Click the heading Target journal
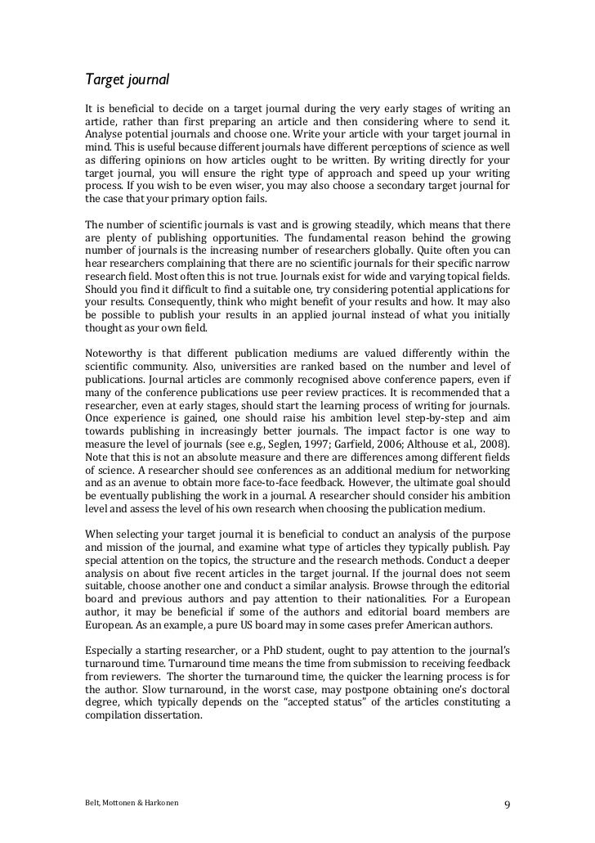coord(127,80)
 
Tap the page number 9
coord(507,804)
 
